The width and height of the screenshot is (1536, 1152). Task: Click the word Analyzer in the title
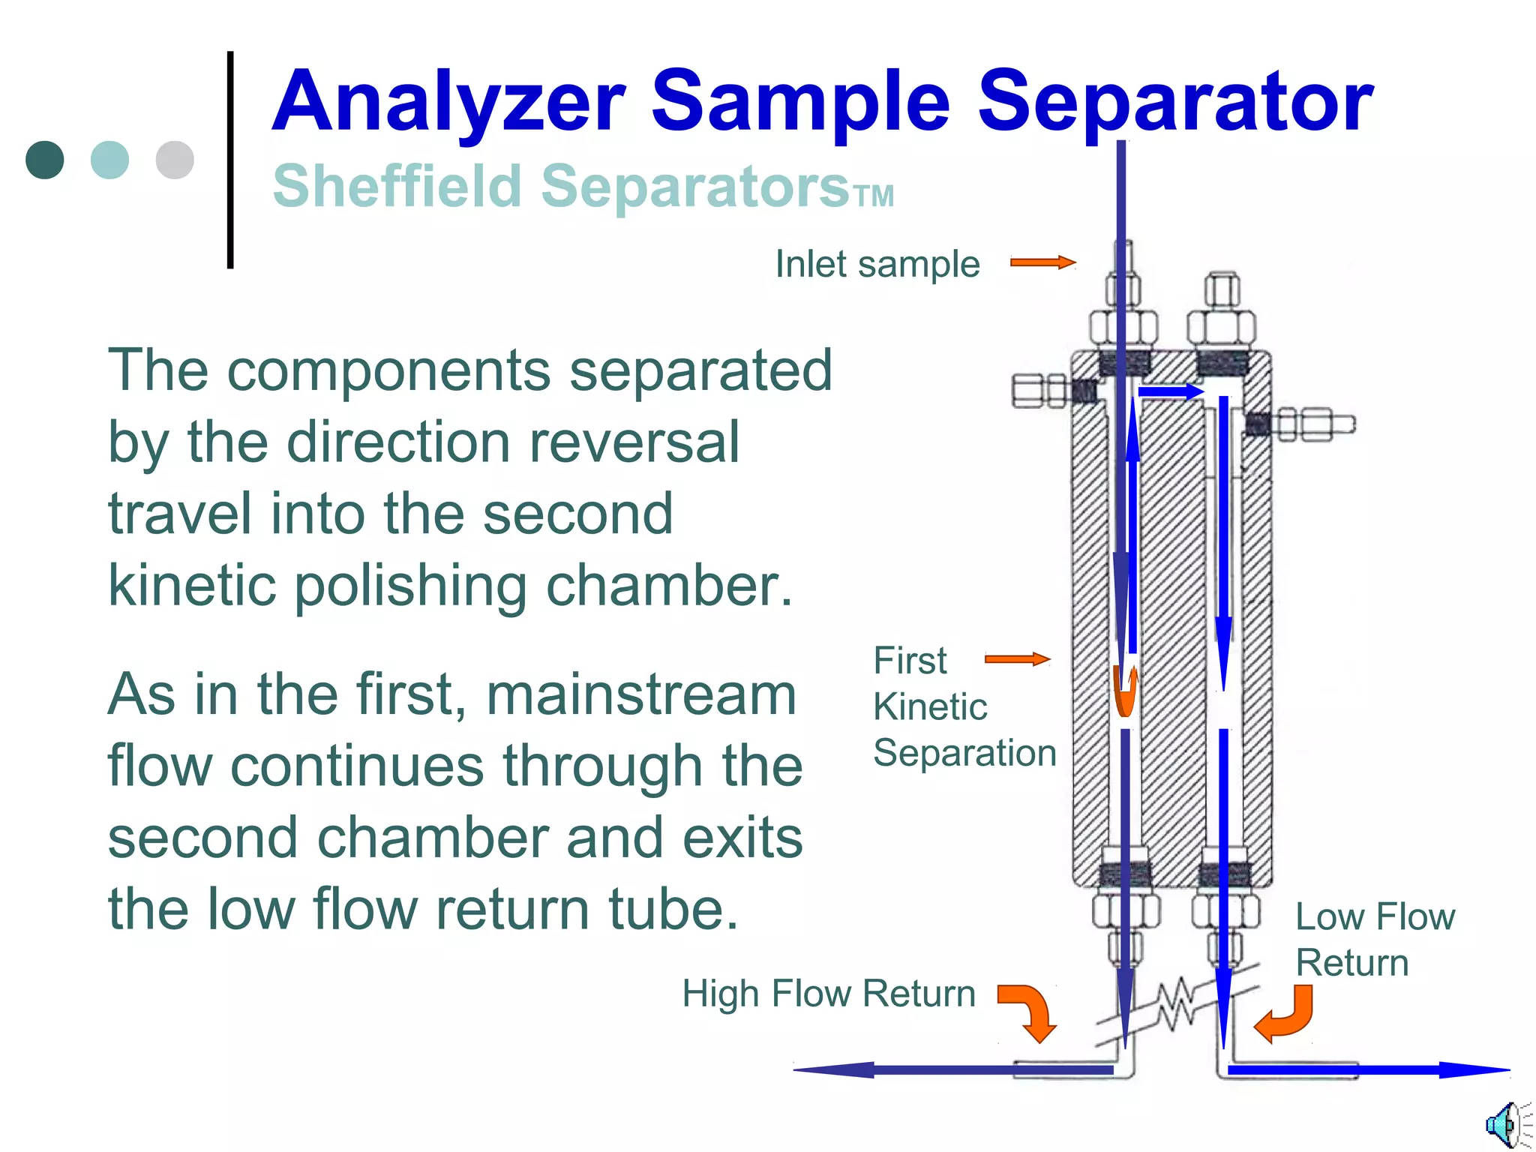pos(448,101)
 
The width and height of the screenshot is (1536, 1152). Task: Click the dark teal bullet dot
pos(45,160)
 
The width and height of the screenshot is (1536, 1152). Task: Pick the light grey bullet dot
pos(175,160)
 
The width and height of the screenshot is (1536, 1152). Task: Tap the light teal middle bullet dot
pos(109,160)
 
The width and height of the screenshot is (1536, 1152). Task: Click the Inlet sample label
pos(877,264)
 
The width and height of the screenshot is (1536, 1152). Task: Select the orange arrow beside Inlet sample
pos(1042,262)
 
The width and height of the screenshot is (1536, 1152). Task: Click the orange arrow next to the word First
pos(1017,659)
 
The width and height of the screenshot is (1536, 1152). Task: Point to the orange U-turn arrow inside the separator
pos(1125,691)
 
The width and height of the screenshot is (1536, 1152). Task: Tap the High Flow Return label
pos(829,994)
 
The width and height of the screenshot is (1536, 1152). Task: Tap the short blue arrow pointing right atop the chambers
pos(1171,391)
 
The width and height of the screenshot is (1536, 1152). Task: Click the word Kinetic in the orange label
pos(930,706)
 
